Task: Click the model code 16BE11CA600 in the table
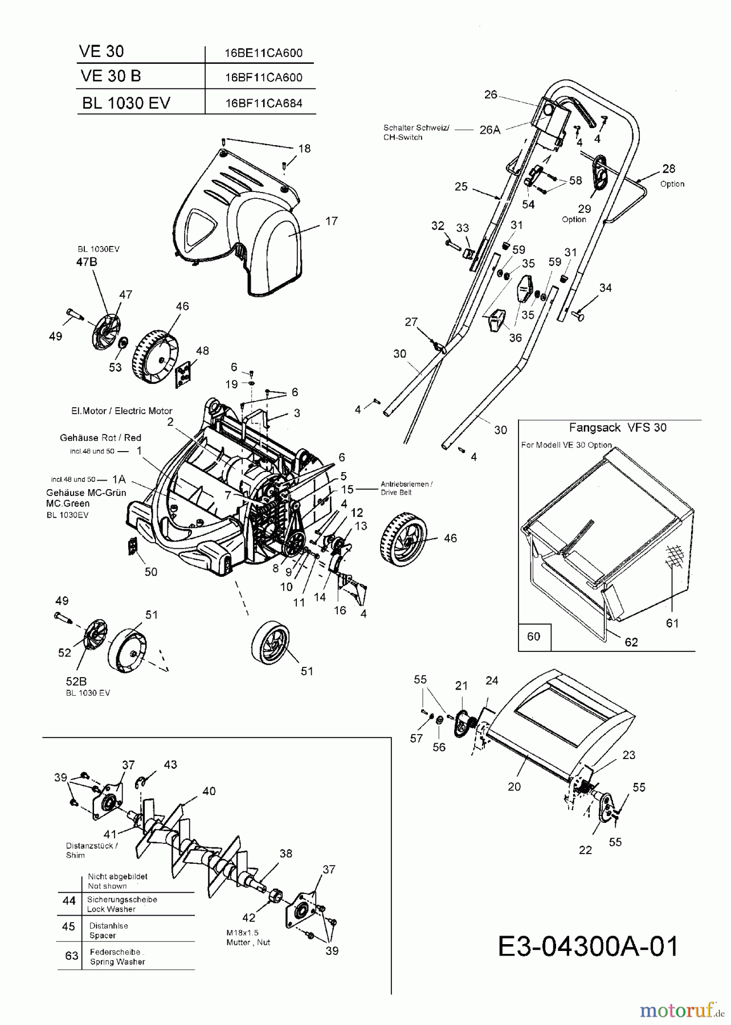(263, 52)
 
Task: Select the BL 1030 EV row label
(126, 103)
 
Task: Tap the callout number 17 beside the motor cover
(331, 221)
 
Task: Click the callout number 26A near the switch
(489, 130)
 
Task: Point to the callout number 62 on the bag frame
(631, 642)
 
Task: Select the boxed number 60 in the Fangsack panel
(533, 635)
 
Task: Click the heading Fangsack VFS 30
(618, 427)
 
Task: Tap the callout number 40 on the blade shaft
(209, 791)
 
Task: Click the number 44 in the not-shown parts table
(69, 900)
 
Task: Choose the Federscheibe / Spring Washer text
(117, 957)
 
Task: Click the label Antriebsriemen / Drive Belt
(406, 488)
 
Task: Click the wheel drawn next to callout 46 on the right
(403, 538)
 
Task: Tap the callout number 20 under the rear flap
(514, 786)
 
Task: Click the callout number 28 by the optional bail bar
(668, 169)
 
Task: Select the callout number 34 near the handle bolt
(605, 288)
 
